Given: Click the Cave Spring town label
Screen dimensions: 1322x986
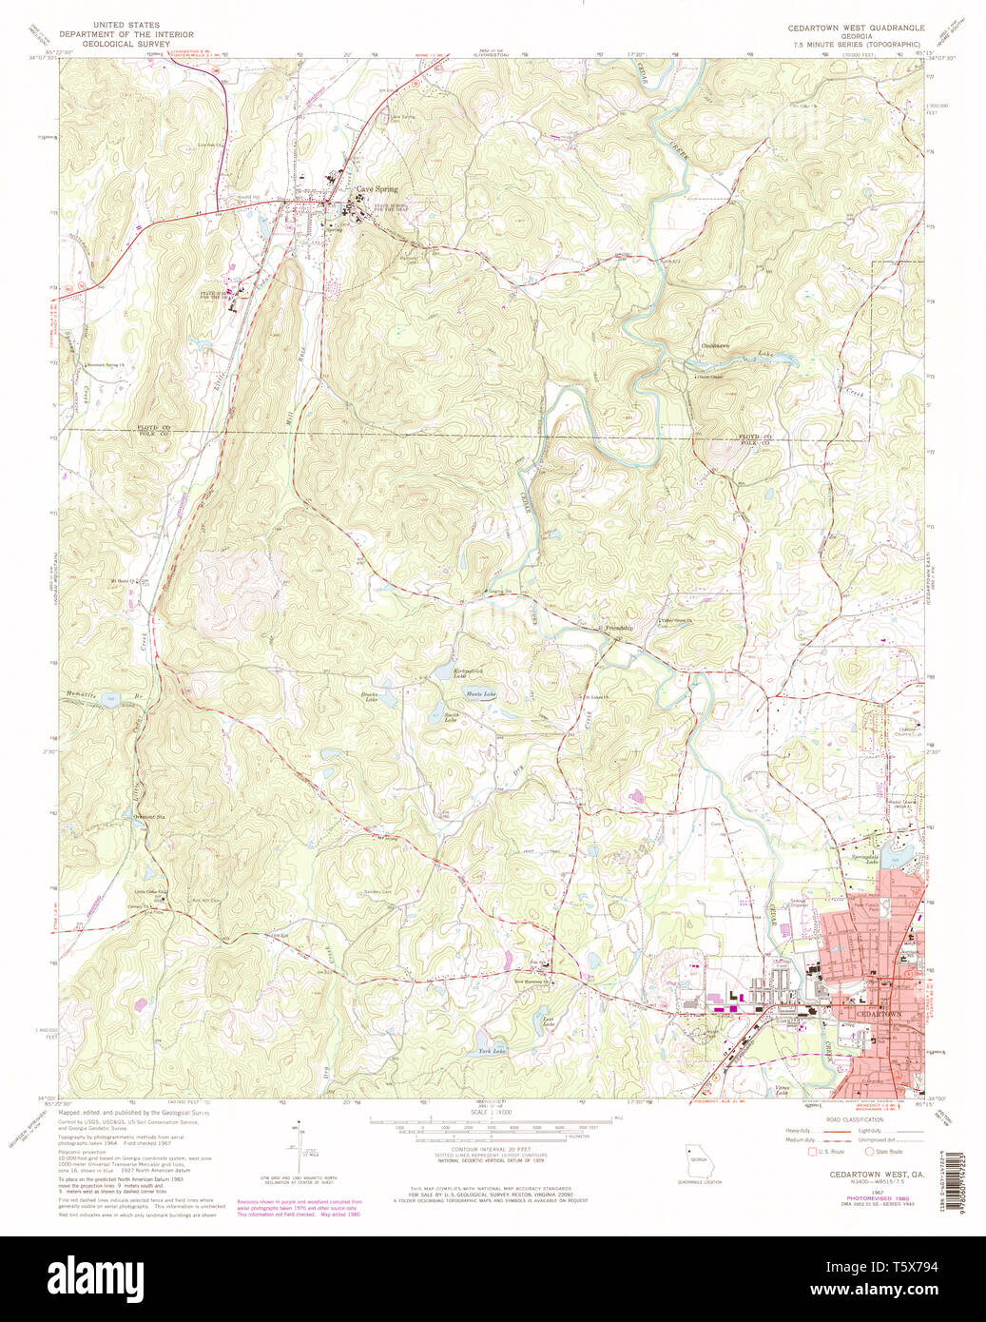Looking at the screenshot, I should pos(377,189).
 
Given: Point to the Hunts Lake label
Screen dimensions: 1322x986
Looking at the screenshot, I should pos(483,694).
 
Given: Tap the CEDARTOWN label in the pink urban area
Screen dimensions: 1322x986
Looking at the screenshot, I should pos(880,1015).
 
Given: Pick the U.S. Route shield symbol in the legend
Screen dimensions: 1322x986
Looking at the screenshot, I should pos(813,1152).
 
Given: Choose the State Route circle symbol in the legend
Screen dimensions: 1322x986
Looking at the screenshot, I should pos(869,1152).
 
